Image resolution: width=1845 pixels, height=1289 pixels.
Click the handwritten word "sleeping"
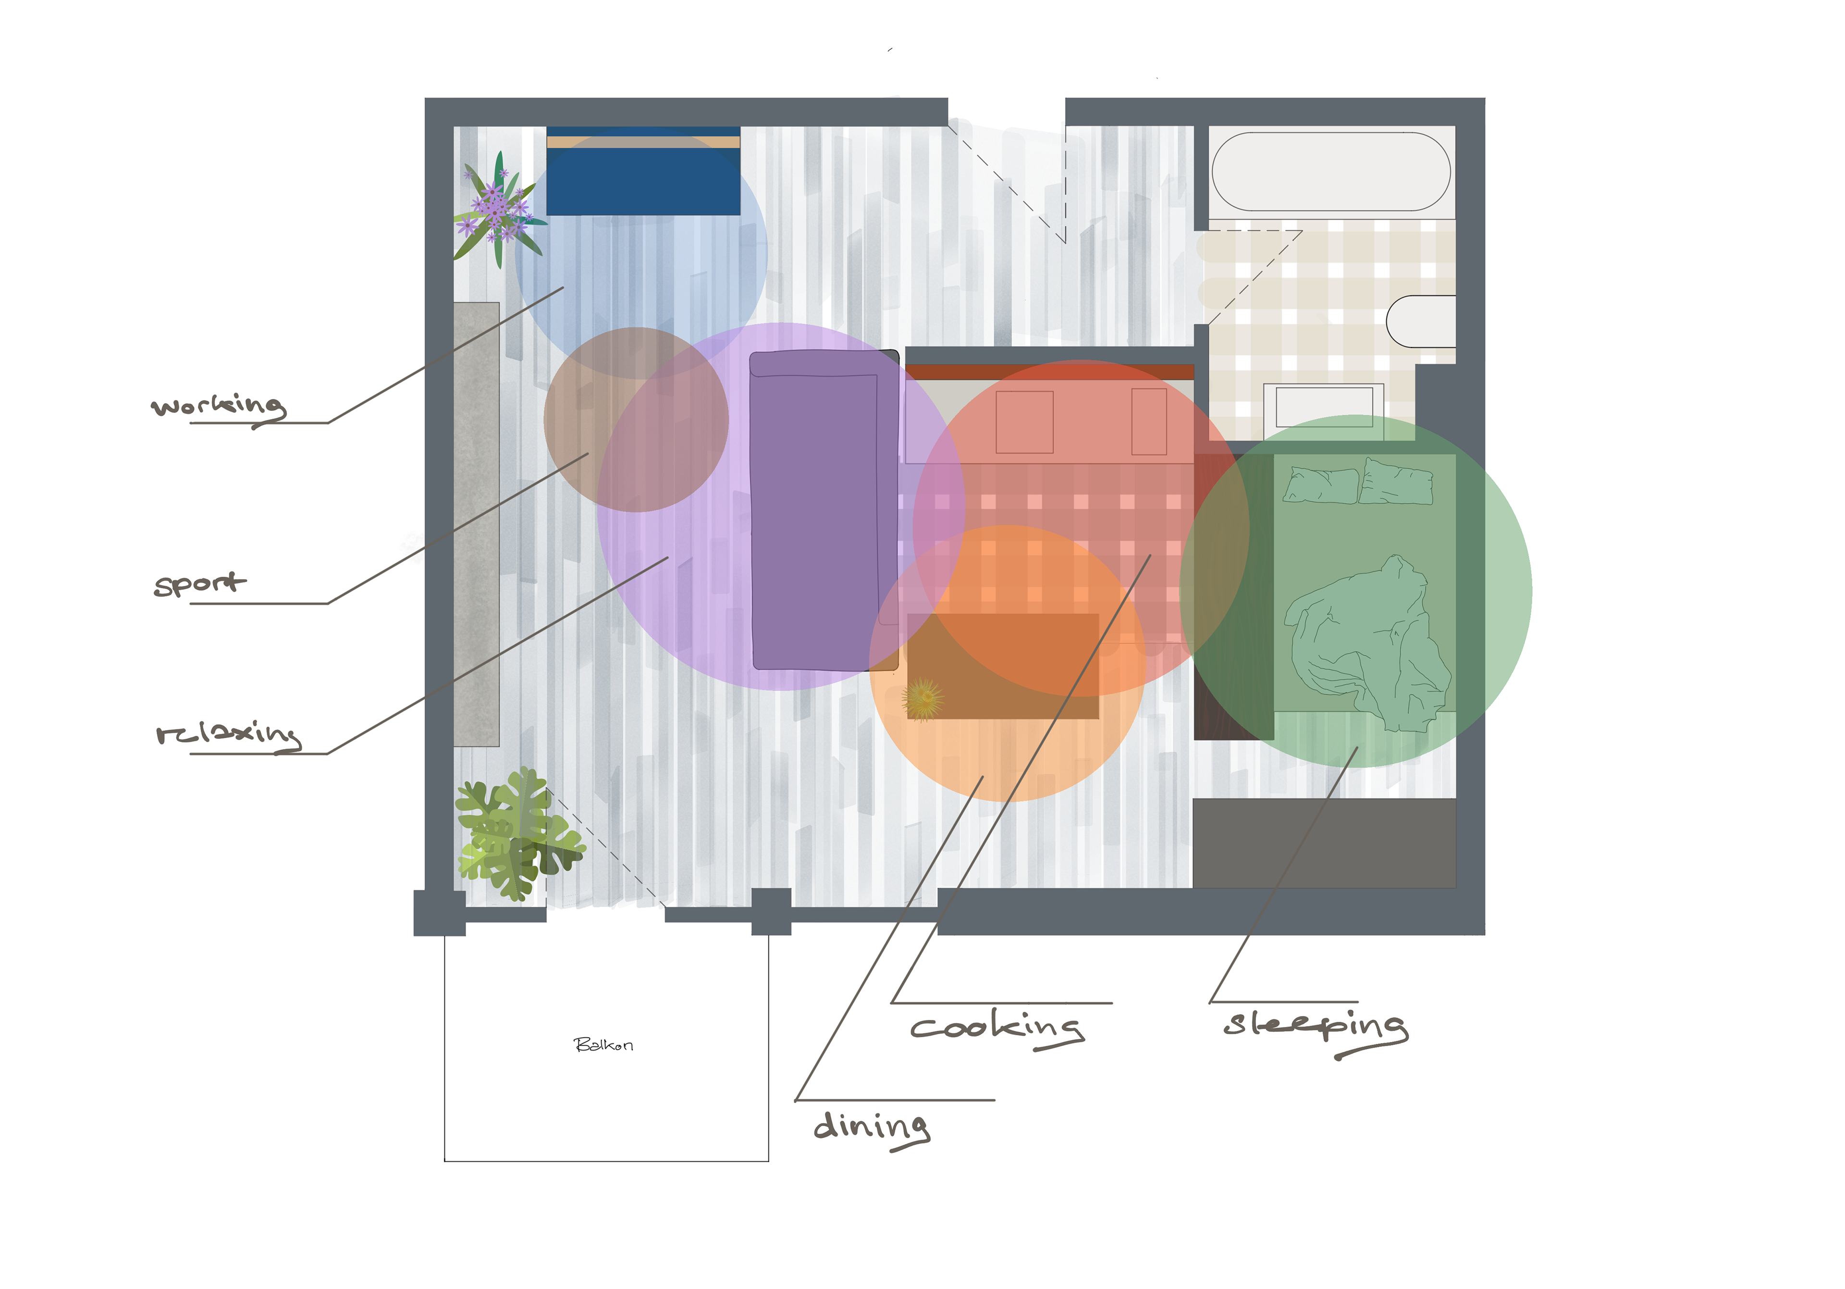pos(1315,1026)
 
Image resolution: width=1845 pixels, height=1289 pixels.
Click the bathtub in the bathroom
pos(1331,171)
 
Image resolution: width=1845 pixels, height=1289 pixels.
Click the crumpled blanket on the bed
pos(1366,643)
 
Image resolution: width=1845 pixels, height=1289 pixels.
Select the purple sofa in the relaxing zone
pos(823,511)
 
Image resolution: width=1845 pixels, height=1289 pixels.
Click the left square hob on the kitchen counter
pos(1024,422)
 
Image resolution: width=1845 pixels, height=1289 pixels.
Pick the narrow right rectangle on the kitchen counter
pos(1149,422)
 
